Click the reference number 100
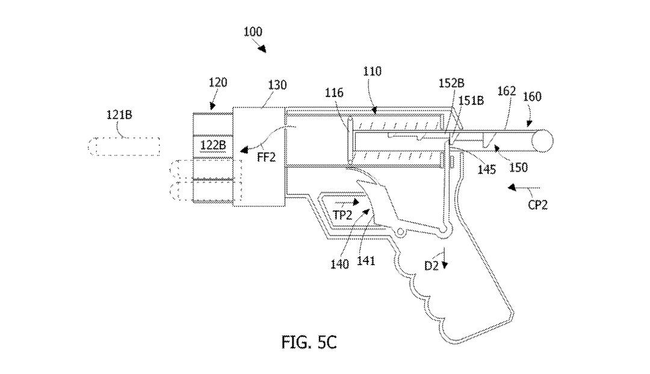click(x=253, y=33)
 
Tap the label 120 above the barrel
click(x=218, y=83)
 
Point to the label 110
click(x=372, y=71)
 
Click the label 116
click(x=335, y=93)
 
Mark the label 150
click(x=518, y=164)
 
